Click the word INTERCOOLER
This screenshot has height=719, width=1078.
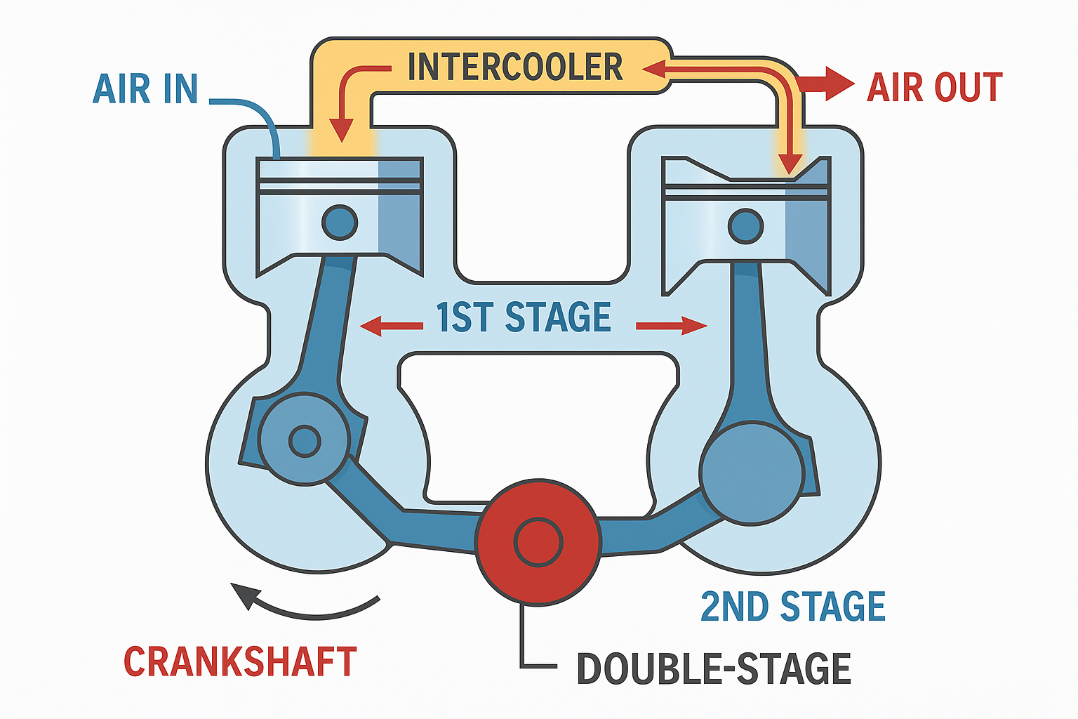[x=515, y=67]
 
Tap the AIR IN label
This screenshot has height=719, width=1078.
[x=145, y=89]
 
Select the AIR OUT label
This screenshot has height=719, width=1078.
[x=934, y=88]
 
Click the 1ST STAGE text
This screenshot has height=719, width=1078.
[x=524, y=317]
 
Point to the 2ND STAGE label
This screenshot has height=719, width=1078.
[x=793, y=607]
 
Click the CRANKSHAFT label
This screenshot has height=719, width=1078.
[x=240, y=662]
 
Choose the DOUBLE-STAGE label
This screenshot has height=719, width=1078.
[x=714, y=668]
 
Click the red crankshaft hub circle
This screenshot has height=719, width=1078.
[x=538, y=542]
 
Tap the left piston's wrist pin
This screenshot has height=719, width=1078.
[x=340, y=223]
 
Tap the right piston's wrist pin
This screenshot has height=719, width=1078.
[x=745, y=226]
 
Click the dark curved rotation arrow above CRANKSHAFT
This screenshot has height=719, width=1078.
[x=302, y=605]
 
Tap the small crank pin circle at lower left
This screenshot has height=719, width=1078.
[x=304, y=441]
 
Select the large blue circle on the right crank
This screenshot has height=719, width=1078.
[x=752, y=472]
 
